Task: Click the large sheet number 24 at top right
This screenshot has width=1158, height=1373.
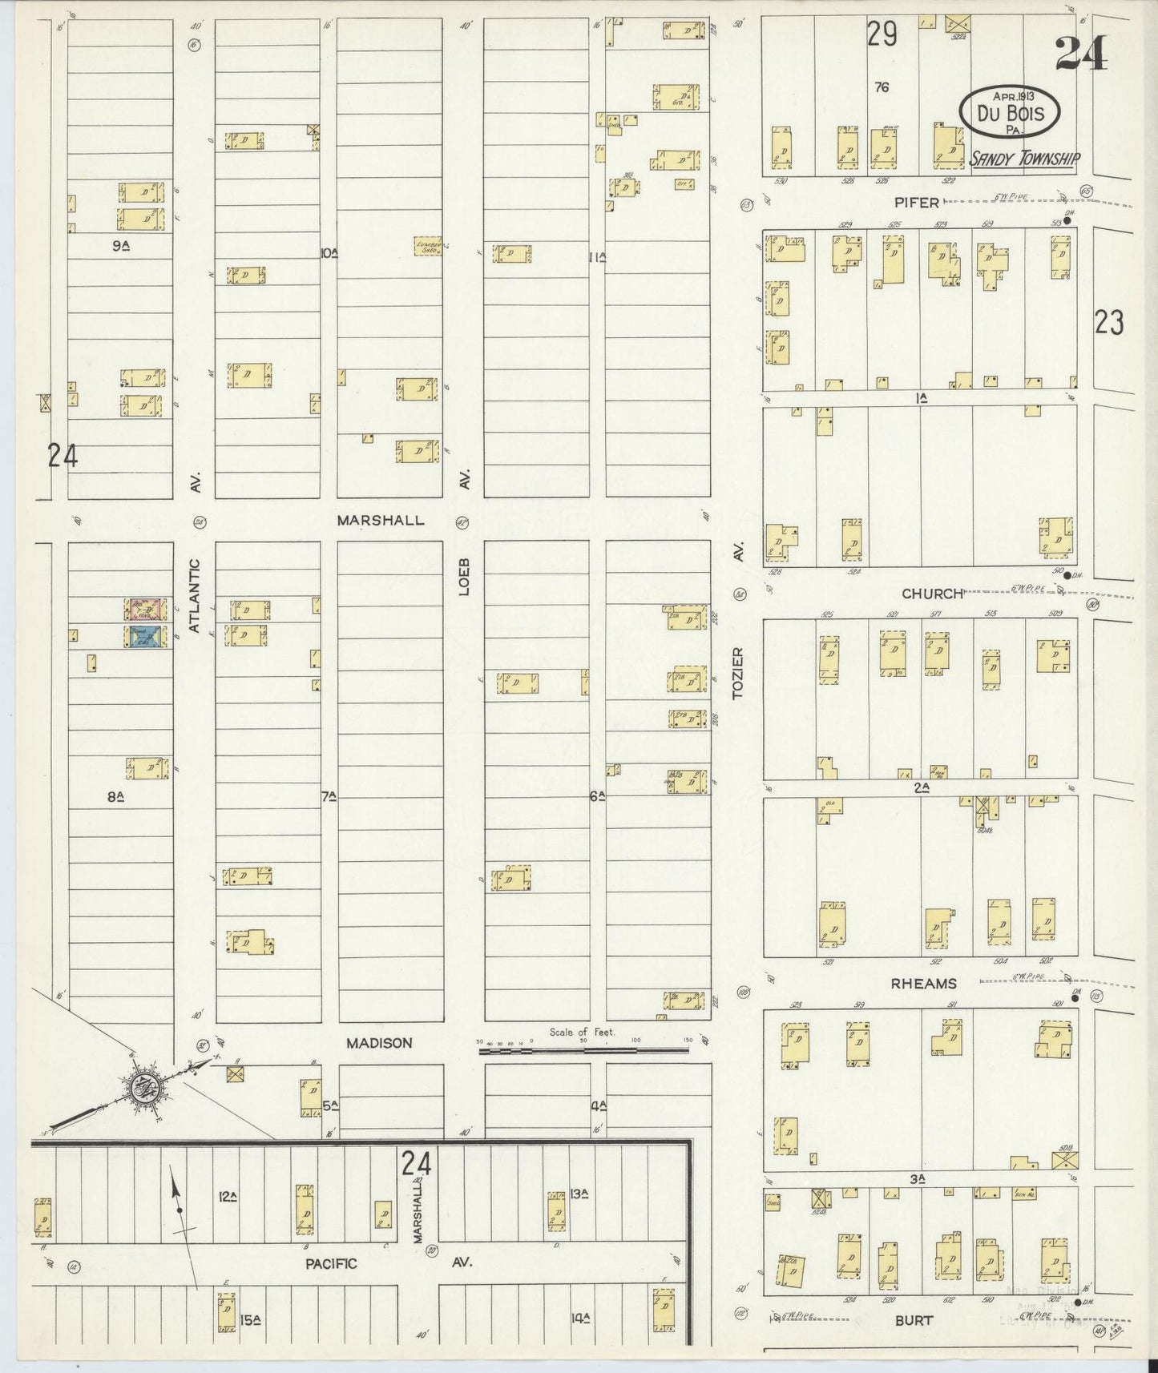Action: (x=1081, y=54)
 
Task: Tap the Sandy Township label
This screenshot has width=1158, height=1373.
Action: (x=1023, y=159)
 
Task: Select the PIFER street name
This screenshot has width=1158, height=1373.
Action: (x=917, y=203)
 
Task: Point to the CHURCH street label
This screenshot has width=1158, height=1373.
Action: (x=931, y=594)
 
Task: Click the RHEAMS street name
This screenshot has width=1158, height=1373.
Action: (x=924, y=984)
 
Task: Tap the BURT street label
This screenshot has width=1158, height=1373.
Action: (x=914, y=1320)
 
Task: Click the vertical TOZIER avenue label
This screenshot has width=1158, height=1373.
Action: (x=738, y=673)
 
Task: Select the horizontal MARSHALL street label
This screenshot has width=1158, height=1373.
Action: (x=380, y=520)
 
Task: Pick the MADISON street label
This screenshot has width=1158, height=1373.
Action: (x=379, y=1043)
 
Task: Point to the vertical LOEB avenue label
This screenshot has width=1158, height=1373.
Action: (x=464, y=576)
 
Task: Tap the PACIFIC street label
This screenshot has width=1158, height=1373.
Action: (x=332, y=1263)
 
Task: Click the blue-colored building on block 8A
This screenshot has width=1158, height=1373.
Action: (x=146, y=636)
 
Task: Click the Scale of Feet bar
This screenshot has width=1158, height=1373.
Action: (x=583, y=1049)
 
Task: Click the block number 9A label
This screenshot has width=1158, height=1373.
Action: (x=121, y=248)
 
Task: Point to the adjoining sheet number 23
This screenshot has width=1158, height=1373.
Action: (x=1109, y=323)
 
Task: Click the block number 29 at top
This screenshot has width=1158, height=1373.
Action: (x=882, y=34)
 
